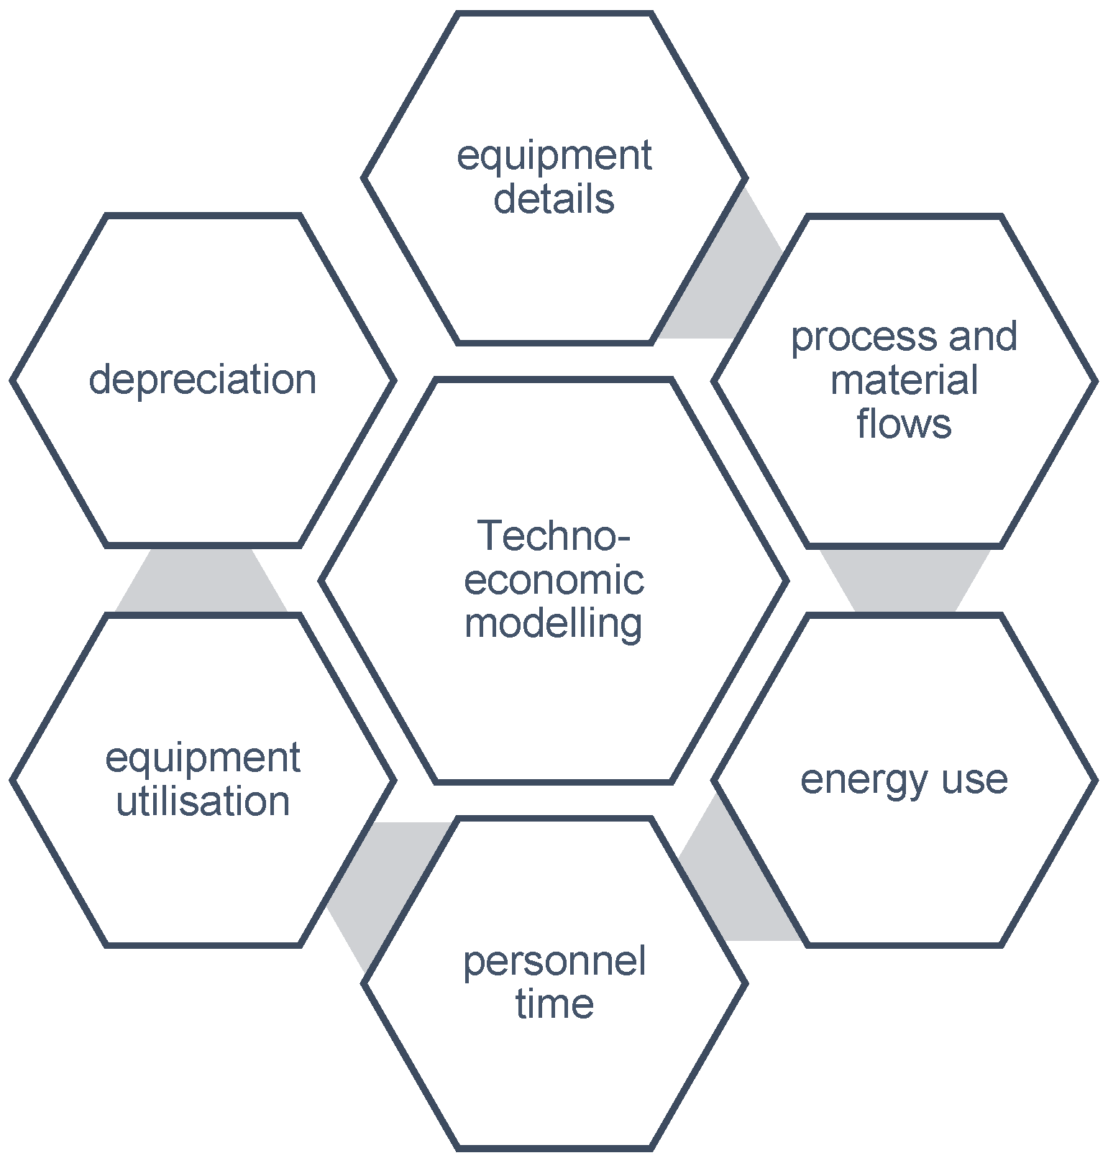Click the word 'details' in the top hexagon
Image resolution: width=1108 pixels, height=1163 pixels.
[554, 199]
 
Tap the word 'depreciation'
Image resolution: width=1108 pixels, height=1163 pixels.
[202, 380]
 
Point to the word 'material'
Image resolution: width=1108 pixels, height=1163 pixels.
[904, 380]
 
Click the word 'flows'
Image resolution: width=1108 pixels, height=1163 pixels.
[904, 423]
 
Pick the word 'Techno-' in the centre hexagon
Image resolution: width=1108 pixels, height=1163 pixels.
[554, 536]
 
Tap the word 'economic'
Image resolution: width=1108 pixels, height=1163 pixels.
[554, 580]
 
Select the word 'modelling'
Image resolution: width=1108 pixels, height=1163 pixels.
[554, 622]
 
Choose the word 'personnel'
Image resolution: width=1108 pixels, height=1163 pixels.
[554, 962]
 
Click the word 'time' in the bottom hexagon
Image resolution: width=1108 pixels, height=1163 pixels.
[554, 1004]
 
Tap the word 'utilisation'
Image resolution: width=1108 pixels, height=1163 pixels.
[203, 801]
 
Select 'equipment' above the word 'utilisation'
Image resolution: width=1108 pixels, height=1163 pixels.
[203, 759]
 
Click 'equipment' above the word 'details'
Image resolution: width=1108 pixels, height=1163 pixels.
[554, 157]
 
